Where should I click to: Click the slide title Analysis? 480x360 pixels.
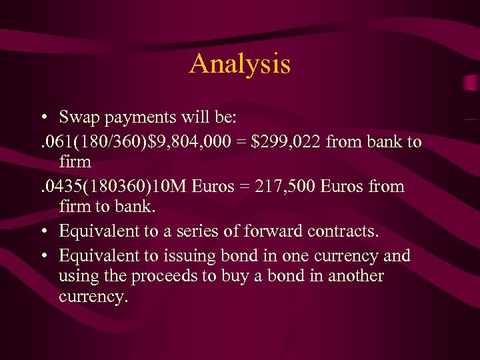pyautogui.click(x=240, y=64)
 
